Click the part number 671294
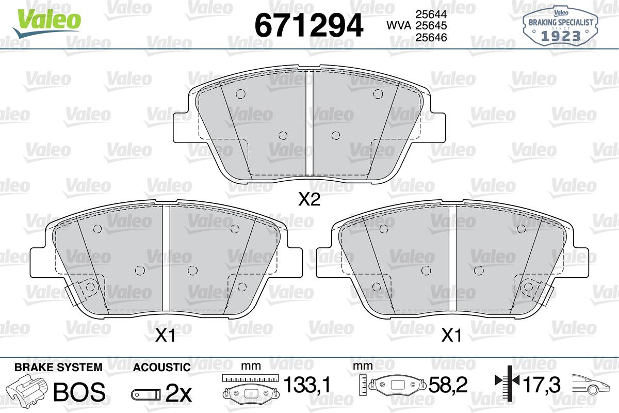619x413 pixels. point(308,25)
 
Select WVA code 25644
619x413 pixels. point(431,14)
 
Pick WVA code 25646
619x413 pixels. point(431,37)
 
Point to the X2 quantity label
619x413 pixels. point(309,199)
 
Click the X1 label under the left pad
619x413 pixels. point(165,336)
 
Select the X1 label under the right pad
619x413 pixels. point(451,336)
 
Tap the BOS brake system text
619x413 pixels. point(79,392)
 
